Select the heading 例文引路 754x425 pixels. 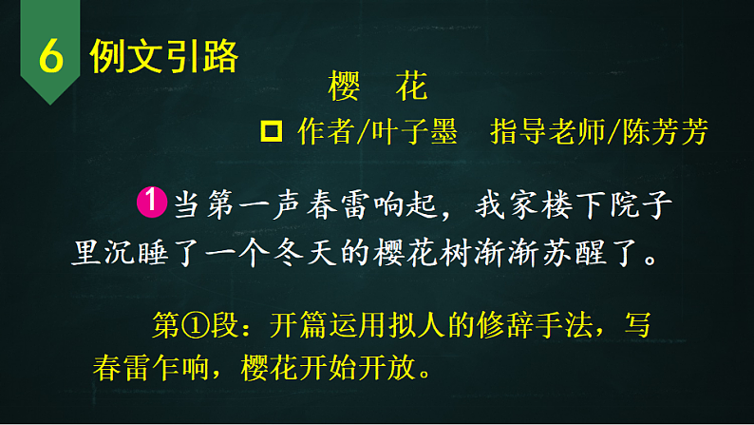pyautogui.click(x=163, y=57)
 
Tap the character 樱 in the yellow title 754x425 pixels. pyautogui.click(x=343, y=88)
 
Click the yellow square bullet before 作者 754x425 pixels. pyautogui.click(x=270, y=131)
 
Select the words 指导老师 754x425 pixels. pyautogui.click(x=547, y=133)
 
